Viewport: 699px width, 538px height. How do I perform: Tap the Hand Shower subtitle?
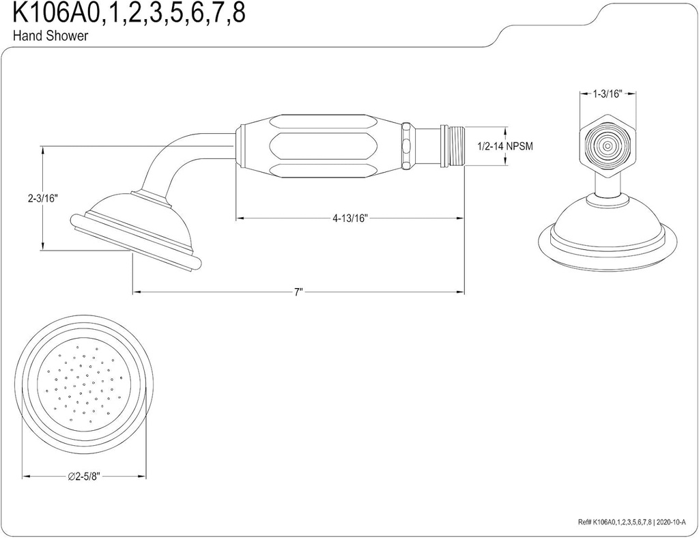click(x=51, y=37)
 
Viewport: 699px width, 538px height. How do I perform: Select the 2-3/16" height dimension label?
click(x=42, y=199)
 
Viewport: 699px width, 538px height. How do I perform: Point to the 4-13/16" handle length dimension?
click(x=350, y=218)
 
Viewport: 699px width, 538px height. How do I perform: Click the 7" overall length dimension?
click(x=298, y=292)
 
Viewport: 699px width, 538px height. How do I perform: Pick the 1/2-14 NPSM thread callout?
click(x=504, y=146)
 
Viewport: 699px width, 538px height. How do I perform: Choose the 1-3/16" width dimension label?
click(x=607, y=94)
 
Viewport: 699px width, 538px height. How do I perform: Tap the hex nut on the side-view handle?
click(x=407, y=146)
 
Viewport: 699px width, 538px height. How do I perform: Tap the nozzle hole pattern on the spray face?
click(x=85, y=383)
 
